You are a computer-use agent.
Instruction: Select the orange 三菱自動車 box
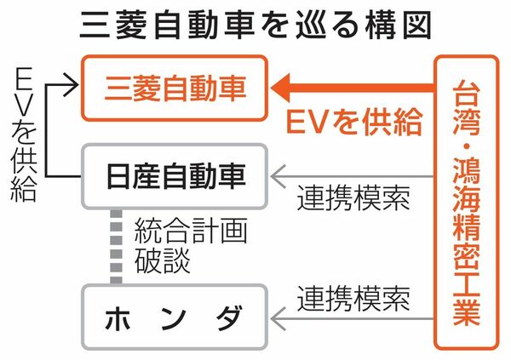coord(173,86)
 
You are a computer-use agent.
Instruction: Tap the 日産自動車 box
coord(173,177)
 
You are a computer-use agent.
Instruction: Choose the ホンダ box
coord(173,319)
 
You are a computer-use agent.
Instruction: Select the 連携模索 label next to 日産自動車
coord(353,199)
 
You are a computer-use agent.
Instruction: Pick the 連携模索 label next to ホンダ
coord(353,299)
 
